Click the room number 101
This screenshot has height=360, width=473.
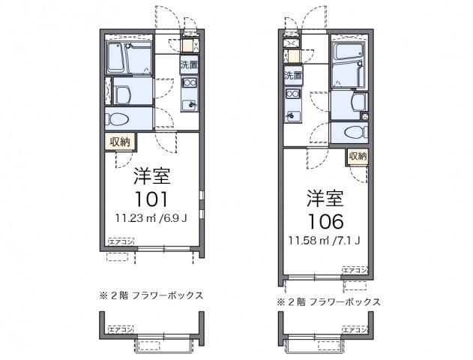(x=151, y=199)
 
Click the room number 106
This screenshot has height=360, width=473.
(x=325, y=221)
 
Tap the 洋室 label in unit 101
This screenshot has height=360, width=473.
(x=151, y=177)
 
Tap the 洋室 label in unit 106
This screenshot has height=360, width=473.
(x=325, y=199)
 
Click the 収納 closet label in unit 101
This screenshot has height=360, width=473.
(x=120, y=140)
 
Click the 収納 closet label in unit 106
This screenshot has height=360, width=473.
(x=358, y=156)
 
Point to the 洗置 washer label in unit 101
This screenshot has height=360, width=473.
(x=188, y=64)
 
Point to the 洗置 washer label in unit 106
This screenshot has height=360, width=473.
(x=292, y=76)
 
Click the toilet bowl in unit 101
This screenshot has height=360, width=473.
(x=120, y=118)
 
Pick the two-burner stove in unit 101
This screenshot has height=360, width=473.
(x=189, y=83)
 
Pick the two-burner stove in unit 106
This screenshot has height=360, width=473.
(x=292, y=94)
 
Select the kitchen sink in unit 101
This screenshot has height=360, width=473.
(x=189, y=105)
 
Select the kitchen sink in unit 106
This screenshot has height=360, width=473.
(x=292, y=115)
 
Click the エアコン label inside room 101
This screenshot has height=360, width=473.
(x=121, y=241)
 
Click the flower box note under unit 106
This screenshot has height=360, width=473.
(x=328, y=301)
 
